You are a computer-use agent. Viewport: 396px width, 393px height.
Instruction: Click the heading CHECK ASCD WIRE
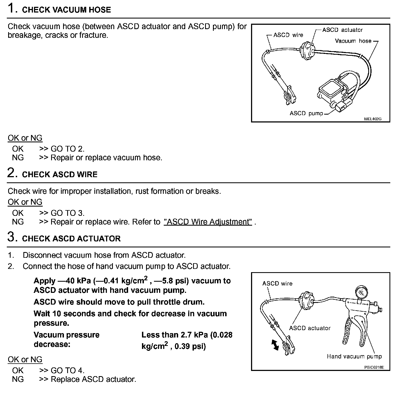pos(60,174)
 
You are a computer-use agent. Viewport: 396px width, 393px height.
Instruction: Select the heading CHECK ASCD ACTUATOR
pos(71,239)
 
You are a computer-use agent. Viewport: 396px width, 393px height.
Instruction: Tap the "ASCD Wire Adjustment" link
pos(208,222)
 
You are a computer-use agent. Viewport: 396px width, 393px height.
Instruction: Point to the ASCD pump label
pos(306,113)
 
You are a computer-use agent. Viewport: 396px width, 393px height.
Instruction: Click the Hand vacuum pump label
pos(354,357)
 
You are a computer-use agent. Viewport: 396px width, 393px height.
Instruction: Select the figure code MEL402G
pos(373,119)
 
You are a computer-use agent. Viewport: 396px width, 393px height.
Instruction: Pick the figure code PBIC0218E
pos(374,367)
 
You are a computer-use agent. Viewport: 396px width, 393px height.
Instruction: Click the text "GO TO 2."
pos(67,149)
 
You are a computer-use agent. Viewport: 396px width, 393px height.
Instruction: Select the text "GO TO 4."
pos(67,370)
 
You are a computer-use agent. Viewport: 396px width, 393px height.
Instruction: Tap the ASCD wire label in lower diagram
pos(277,284)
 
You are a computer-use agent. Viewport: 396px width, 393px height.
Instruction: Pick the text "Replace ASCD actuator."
pos(93,379)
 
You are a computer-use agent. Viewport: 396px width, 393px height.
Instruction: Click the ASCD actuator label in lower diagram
pos(310,328)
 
